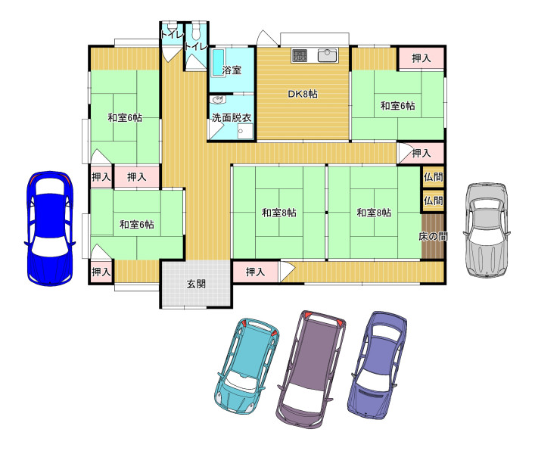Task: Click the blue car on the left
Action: pyautogui.click(x=49, y=229)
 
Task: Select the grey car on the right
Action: pyautogui.click(x=487, y=229)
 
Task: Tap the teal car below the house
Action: pyautogui.click(x=247, y=367)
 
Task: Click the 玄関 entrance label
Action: pyautogui.click(x=196, y=284)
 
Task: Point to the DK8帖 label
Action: pyautogui.click(x=303, y=94)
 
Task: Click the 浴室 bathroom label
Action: pyautogui.click(x=232, y=70)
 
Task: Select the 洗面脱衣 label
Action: pyautogui.click(x=232, y=118)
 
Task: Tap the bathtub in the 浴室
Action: pyautogui.click(x=219, y=63)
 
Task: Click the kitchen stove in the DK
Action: pyautogui.click(x=300, y=55)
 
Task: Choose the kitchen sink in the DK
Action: pyautogui.click(x=328, y=55)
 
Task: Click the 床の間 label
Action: pyautogui.click(x=433, y=236)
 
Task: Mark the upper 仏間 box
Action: pyautogui.click(x=434, y=177)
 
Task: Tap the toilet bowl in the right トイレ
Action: pyautogui.click(x=196, y=31)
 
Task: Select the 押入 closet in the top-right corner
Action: pyautogui.click(x=421, y=58)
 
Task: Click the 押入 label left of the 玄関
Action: pyautogui.click(x=101, y=272)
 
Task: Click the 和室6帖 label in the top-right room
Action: pyautogui.click(x=397, y=106)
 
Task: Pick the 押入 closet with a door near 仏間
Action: pyautogui.click(x=421, y=153)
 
